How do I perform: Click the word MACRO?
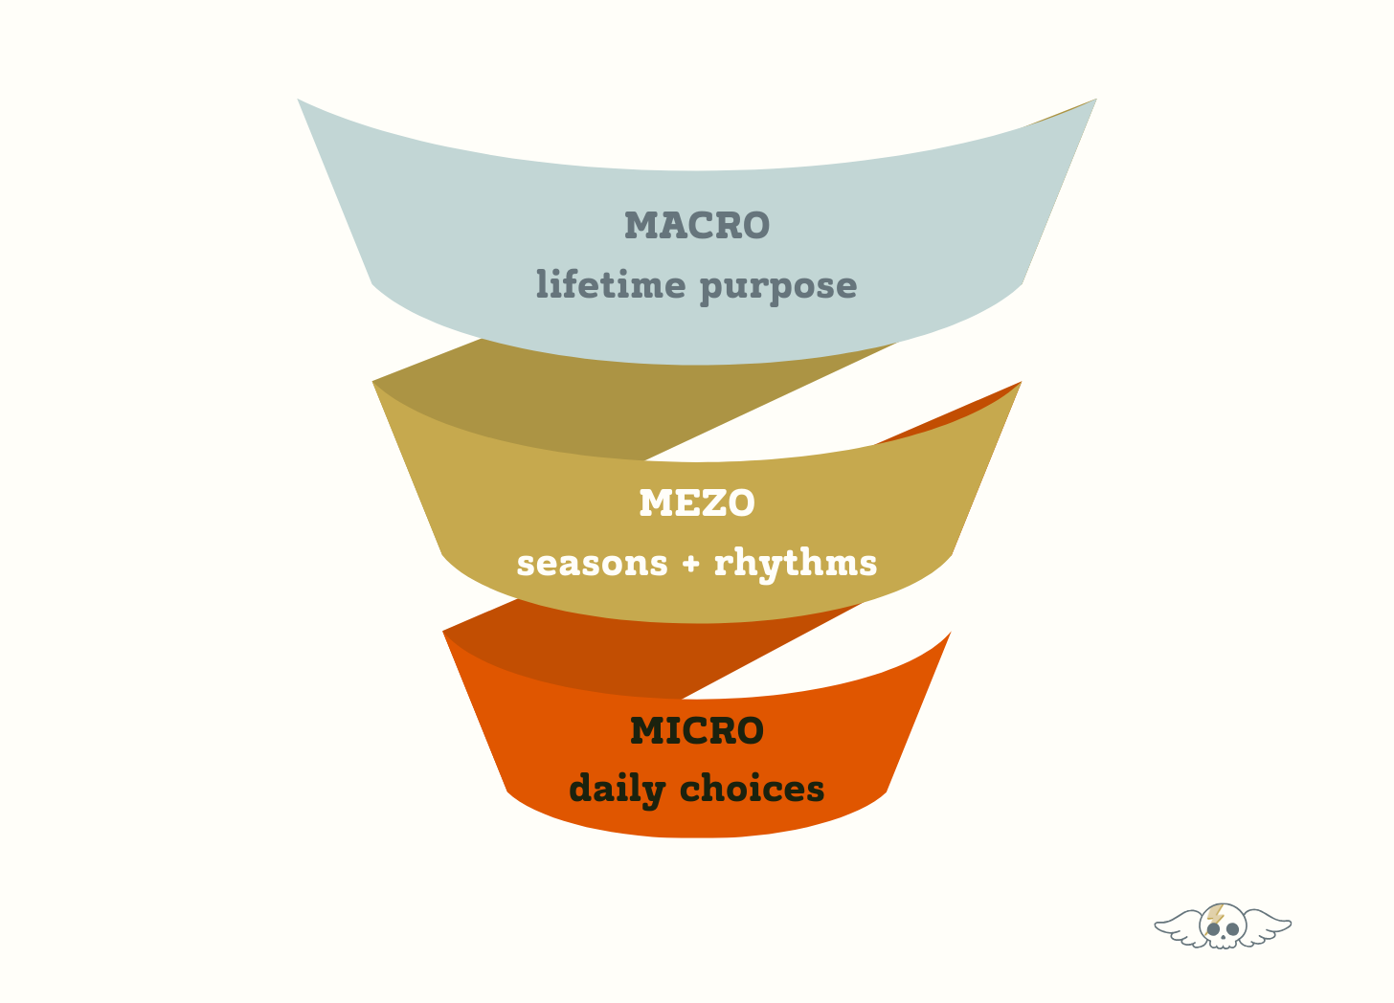(697, 226)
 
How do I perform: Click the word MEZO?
(697, 503)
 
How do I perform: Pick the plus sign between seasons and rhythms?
(691, 564)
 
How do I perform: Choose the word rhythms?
(796, 564)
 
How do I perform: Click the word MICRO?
(697, 731)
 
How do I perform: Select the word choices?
(752, 790)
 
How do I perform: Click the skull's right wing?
(1268, 927)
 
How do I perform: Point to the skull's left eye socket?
(1214, 929)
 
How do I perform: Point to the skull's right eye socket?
(1233, 929)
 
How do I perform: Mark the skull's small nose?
(1224, 936)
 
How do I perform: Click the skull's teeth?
(1224, 944)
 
